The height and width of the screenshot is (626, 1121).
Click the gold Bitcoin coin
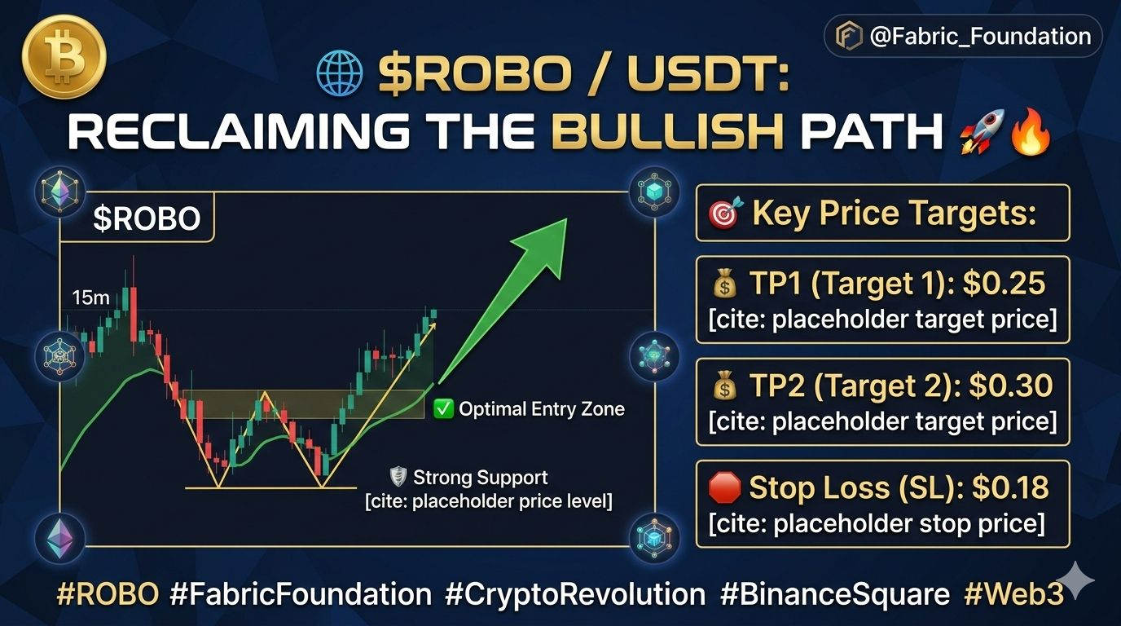click(64, 56)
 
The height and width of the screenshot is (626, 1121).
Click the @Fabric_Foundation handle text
click(980, 36)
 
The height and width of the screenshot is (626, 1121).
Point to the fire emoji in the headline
click(1031, 131)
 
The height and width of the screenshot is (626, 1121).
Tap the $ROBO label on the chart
click(147, 218)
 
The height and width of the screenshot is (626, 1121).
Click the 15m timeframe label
click(90, 298)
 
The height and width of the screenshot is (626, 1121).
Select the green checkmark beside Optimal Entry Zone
click(443, 409)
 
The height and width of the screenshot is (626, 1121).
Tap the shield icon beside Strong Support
click(398, 477)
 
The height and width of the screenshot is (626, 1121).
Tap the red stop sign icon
click(724, 487)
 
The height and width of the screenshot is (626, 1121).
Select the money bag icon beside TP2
click(725, 386)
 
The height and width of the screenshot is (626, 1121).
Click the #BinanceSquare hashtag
click(835, 594)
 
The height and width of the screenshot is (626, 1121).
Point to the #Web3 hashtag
click(1014, 594)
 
